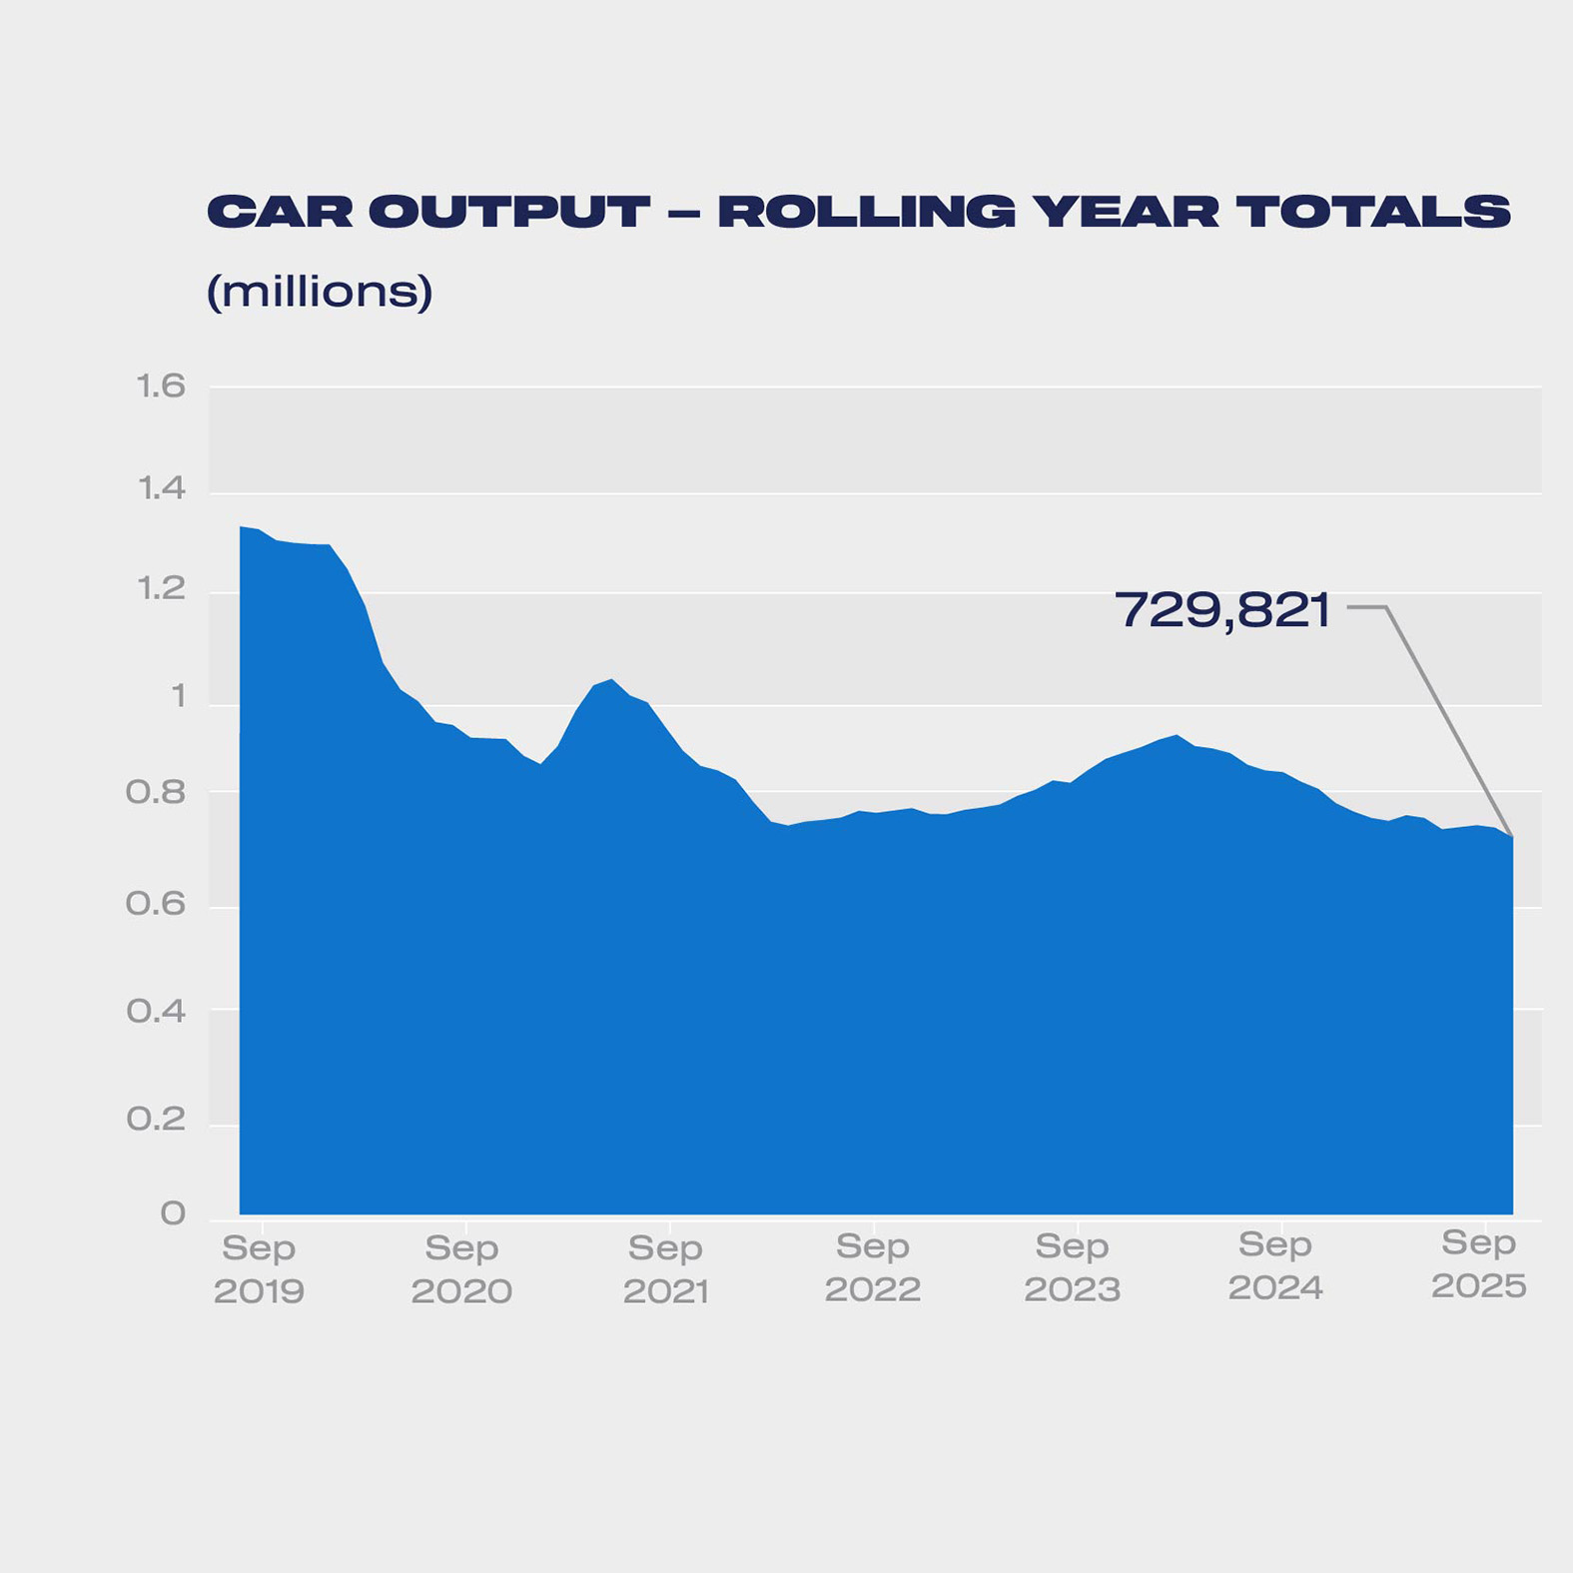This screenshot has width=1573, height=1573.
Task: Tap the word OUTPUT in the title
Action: pos(509,212)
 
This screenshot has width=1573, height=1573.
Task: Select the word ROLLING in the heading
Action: pos(866,212)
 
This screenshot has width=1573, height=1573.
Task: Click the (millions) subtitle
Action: pos(320,292)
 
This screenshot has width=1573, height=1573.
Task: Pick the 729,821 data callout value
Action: pos(1222,609)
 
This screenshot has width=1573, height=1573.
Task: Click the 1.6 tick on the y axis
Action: pos(161,387)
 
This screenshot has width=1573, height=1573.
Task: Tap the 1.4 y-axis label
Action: pos(161,488)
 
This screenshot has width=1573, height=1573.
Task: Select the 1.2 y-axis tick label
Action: pos(161,589)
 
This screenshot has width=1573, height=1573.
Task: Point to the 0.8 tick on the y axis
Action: pos(156,793)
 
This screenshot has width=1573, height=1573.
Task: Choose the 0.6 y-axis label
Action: pos(156,905)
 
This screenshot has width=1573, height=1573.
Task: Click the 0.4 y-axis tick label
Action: pos(156,1012)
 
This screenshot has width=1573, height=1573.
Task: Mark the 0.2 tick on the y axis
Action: pos(156,1120)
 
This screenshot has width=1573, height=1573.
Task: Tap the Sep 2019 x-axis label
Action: pos(259,1269)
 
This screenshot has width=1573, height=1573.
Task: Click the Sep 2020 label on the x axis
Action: pos(461,1269)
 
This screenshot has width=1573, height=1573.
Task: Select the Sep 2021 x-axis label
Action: pos(666,1269)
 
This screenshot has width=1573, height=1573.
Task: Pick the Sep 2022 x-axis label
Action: pos(873,1268)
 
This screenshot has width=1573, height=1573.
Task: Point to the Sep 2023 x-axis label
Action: pos(1073,1268)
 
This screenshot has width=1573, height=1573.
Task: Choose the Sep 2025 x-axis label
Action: pos(1479,1264)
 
